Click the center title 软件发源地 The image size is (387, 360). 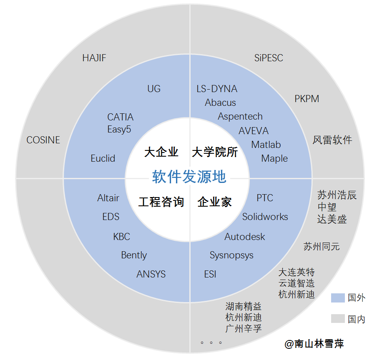[x=189, y=177]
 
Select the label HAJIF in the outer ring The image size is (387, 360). [x=94, y=58]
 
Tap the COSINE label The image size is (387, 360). [x=43, y=140]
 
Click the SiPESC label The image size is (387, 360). [x=269, y=58]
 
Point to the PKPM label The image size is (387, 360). [x=307, y=99]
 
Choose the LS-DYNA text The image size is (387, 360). [x=217, y=89]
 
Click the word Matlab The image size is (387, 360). [x=266, y=145]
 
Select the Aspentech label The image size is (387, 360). [x=240, y=116]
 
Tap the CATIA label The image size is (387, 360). [x=120, y=117]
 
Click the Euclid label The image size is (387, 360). [x=103, y=158]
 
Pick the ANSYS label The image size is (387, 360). [x=151, y=274]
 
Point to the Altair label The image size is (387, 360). [x=108, y=198]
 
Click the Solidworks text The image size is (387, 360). [x=265, y=217]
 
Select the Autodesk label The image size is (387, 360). [x=245, y=237]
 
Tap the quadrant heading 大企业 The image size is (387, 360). [x=161, y=152]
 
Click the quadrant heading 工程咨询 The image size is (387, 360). [x=161, y=202]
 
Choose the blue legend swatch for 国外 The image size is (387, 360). [x=338, y=297]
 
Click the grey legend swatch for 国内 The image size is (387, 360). [x=338, y=319]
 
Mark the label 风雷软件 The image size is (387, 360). [x=332, y=140]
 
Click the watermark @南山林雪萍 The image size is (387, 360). [x=314, y=344]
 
